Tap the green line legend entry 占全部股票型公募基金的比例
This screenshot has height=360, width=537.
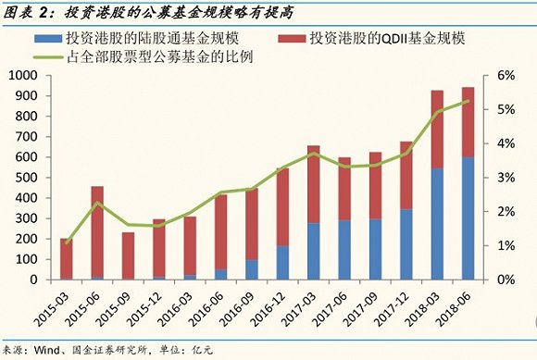163,56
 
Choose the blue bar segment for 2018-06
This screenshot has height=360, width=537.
468,218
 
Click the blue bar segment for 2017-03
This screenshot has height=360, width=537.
313,251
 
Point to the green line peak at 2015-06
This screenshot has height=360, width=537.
97,202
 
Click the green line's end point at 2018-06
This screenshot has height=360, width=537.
468,100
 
